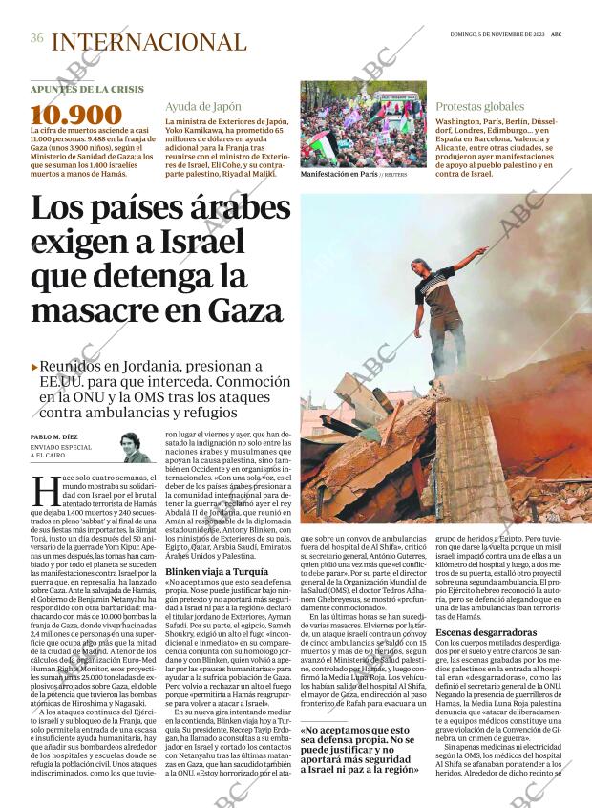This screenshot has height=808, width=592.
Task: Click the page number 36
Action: (x=37, y=38)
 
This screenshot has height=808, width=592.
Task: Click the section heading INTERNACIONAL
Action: (x=148, y=42)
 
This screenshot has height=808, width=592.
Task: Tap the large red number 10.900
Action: (x=76, y=116)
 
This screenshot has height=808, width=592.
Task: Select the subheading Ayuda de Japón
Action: (x=202, y=106)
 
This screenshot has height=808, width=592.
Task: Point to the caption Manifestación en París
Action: (x=338, y=175)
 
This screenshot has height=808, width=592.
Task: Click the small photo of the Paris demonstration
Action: (x=363, y=123)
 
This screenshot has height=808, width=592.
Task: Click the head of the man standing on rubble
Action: (x=418, y=266)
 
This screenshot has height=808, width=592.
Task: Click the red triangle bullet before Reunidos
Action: (x=35, y=367)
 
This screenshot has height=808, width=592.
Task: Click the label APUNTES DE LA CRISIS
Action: (x=87, y=89)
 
